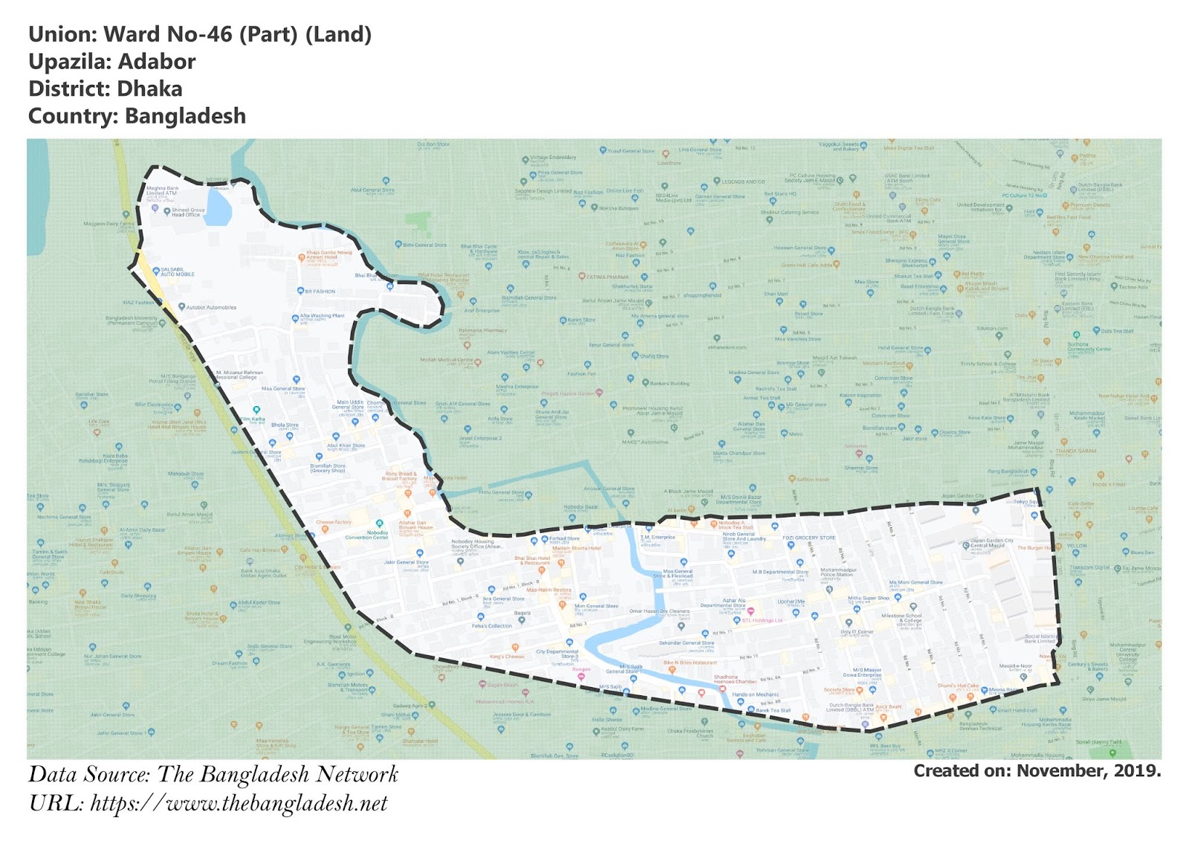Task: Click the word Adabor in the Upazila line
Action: pyautogui.click(x=156, y=62)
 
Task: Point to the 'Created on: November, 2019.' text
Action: pyautogui.click(x=1037, y=771)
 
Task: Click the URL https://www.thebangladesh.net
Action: pyautogui.click(x=239, y=804)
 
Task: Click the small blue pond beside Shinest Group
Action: pyautogui.click(x=218, y=205)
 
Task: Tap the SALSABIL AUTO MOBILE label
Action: pyautogui.click(x=178, y=272)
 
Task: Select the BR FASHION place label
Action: pyautogui.click(x=320, y=291)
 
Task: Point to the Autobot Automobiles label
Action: pyautogui.click(x=211, y=307)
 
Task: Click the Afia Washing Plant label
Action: pyautogui.click(x=322, y=316)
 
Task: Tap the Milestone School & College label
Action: pyautogui.click(x=901, y=618)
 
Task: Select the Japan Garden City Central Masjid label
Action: pyautogui.click(x=991, y=544)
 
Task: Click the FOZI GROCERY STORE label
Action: pyautogui.click(x=809, y=538)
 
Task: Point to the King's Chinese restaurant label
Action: pyautogui.click(x=507, y=657)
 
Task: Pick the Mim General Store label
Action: pyautogui.click(x=596, y=606)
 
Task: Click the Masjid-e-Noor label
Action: pyautogui.click(x=1015, y=666)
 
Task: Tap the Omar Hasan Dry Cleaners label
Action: pyautogui.click(x=659, y=611)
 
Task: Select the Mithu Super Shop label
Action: pyautogui.click(x=868, y=598)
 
